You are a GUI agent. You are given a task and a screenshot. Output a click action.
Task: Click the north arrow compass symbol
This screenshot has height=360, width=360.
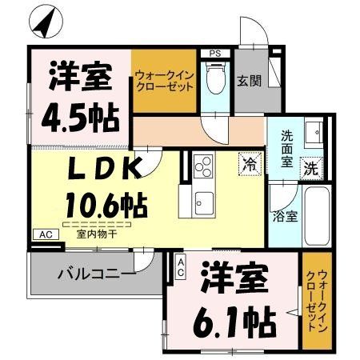(46, 22)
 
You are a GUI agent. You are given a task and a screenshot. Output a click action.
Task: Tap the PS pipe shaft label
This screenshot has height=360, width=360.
(215, 54)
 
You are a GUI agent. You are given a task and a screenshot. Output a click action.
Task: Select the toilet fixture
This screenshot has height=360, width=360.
(215, 78)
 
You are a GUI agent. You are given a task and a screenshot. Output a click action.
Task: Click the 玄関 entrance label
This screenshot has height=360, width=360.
(250, 81)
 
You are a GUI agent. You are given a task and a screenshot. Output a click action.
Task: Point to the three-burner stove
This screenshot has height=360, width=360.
(203, 166)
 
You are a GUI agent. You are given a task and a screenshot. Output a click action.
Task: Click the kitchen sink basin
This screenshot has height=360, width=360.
(204, 203)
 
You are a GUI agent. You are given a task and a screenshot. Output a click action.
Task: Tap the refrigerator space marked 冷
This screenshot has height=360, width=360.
(250, 164)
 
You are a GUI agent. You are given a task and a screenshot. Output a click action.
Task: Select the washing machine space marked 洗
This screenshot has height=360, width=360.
(311, 168)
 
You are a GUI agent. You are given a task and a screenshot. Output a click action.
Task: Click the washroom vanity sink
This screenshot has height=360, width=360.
(314, 132)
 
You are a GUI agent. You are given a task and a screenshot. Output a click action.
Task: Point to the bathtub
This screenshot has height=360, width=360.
(317, 216)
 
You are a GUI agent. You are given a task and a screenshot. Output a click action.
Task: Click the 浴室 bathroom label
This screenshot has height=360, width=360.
(285, 217)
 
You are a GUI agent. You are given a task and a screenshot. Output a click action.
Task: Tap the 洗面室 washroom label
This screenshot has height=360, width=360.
(286, 149)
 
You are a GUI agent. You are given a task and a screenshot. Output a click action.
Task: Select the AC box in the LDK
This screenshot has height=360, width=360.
(46, 234)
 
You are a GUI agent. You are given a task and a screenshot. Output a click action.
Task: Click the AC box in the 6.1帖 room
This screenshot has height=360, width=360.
(181, 266)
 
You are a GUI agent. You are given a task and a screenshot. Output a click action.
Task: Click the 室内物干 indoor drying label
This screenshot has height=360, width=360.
(96, 234)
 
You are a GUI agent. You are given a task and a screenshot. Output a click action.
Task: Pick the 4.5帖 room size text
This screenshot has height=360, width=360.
(80, 118)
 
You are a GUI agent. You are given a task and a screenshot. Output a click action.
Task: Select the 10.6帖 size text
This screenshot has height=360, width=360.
(106, 205)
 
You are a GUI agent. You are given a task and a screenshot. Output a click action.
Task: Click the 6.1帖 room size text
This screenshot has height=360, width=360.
(234, 322)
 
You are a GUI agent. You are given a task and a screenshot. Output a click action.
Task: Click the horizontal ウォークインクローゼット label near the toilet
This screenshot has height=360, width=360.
(165, 81)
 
